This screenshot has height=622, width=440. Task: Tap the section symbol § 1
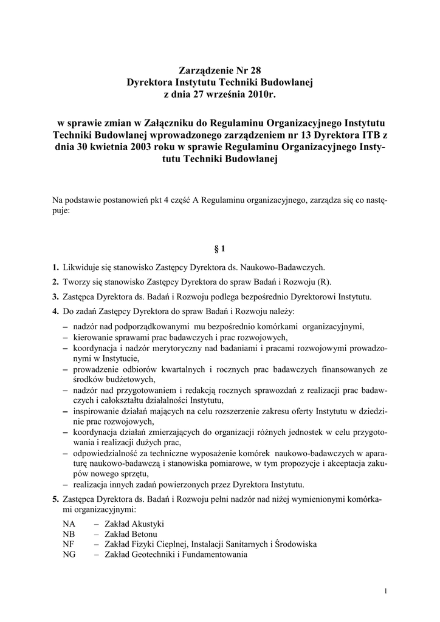coord(220,248)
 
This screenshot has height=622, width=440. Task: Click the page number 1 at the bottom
coord(387,591)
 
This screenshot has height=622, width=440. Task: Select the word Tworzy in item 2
coord(77,282)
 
